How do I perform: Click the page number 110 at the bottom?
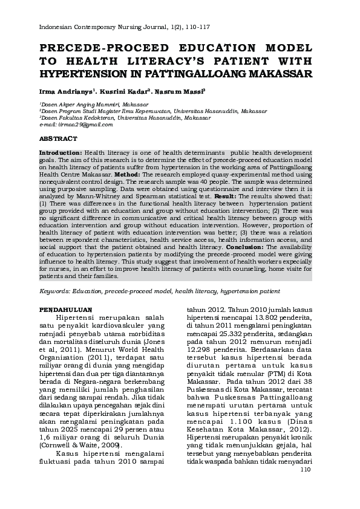tap(304, 470)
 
